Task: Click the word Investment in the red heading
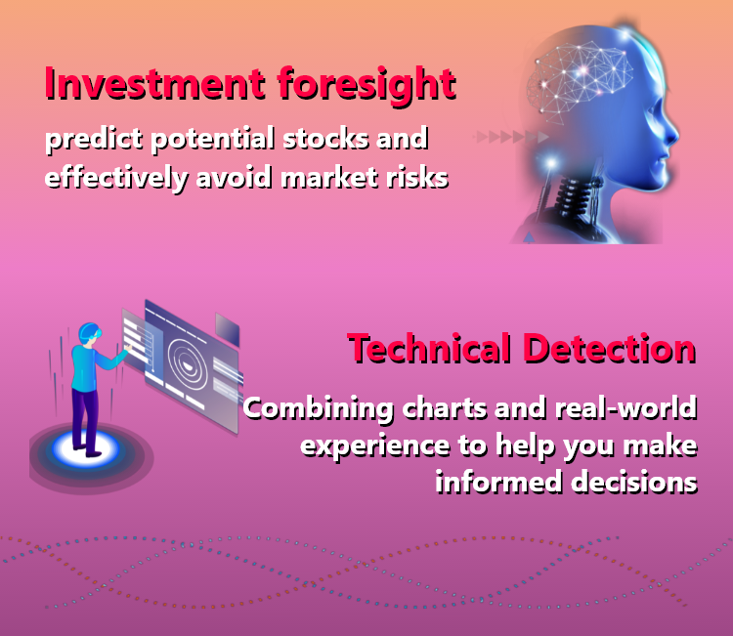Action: tap(155, 84)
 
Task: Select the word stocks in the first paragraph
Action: tap(325, 139)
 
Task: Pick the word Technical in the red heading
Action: tap(429, 349)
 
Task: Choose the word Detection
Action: tap(610, 349)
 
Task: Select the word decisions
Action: tap(634, 482)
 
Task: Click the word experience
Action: tap(375, 446)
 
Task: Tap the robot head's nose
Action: tap(673, 133)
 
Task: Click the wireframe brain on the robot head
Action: tap(580, 78)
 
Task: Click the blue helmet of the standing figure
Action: tap(89, 332)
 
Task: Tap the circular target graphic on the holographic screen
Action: tap(188, 364)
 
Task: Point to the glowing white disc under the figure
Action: tap(86, 449)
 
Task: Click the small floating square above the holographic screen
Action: tap(227, 329)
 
